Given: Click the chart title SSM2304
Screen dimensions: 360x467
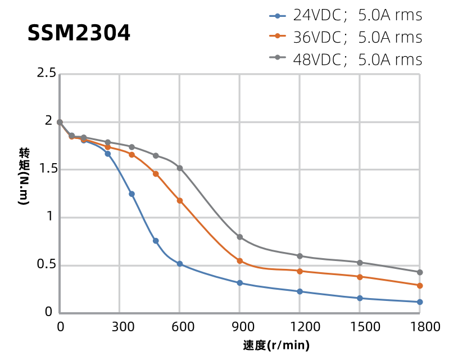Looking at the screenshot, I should pos(79,34).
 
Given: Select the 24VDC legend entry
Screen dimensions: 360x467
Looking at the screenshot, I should pos(346,16).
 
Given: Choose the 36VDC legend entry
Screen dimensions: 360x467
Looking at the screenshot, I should pos(346,38).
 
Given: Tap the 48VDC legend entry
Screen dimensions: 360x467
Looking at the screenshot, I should pos(346,59).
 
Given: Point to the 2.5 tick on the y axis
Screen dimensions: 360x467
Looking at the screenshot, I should pos(46,73).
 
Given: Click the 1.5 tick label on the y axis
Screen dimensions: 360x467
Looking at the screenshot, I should pos(46,169).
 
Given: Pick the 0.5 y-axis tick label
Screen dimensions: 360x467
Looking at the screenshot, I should pos(46,265).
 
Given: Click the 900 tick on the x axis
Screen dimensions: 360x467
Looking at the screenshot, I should pos(239,327).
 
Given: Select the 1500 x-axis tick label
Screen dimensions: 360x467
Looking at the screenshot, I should pos(360,327).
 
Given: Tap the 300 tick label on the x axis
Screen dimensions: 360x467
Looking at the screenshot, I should pos(120,327).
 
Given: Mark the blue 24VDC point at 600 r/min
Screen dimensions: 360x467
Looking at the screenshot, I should pos(180,264).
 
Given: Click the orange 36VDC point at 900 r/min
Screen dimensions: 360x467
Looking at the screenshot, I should pos(240,261).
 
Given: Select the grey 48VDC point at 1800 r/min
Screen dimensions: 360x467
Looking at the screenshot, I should pos(420,272).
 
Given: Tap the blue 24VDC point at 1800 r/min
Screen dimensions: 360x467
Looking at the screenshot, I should pos(420,302).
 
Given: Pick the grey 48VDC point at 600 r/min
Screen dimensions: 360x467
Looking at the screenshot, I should pos(180,168).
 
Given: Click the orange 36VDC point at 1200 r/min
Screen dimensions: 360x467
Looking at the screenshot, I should pos(300,271).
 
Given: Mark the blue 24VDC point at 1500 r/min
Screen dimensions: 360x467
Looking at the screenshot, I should pos(360,298).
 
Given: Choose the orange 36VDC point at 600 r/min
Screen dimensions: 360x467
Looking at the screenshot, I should pos(180,201).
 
